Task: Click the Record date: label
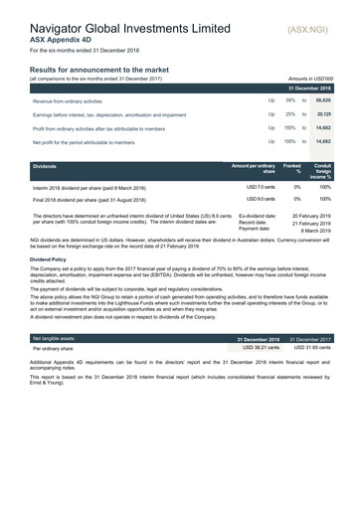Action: tap(257, 223)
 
